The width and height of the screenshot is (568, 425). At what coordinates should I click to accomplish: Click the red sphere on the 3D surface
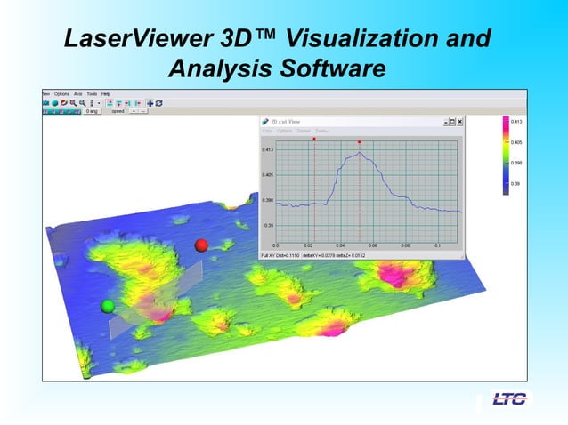(201, 245)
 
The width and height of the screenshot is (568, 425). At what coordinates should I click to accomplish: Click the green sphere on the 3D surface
(108, 306)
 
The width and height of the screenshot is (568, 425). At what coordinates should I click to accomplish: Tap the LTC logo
(509, 398)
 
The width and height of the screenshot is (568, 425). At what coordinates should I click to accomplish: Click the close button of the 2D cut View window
(459, 122)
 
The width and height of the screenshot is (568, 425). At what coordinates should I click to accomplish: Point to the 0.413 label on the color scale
(516, 121)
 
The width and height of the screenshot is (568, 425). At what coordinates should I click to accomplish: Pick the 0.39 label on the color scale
(515, 184)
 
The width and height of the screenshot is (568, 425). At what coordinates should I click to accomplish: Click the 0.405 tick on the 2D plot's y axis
(267, 175)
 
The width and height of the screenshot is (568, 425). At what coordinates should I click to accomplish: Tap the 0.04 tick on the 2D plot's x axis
(340, 245)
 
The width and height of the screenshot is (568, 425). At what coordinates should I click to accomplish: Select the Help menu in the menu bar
(106, 93)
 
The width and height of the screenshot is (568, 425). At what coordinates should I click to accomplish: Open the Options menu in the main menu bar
(61, 93)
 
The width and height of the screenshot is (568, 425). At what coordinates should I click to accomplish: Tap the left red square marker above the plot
(315, 140)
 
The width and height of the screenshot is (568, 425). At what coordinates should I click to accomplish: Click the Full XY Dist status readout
(279, 255)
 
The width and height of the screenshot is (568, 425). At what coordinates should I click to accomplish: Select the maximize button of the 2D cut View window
(451, 122)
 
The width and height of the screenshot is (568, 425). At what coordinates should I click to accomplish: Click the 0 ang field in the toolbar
(91, 112)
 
